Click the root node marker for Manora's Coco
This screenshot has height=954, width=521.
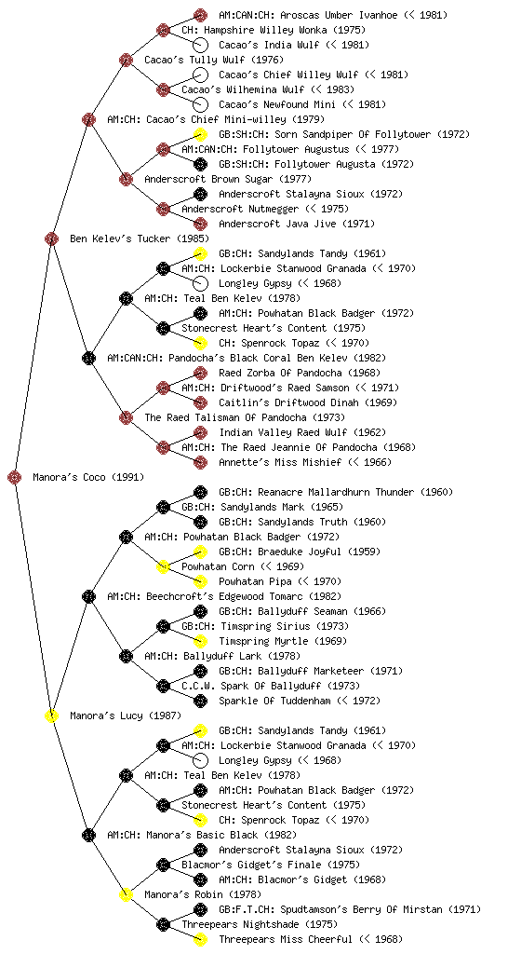point(15,477)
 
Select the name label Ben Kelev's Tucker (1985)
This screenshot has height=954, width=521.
point(139,238)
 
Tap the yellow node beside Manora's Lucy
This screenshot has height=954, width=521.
point(51,715)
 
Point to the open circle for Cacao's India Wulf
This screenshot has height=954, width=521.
point(200,45)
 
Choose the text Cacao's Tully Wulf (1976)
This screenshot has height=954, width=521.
point(214,60)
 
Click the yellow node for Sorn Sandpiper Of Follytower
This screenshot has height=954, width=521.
point(200,134)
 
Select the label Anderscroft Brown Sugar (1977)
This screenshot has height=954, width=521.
point(228,179)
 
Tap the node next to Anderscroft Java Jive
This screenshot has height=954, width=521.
point(200,224)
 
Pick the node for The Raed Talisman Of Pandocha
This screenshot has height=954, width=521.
point(126,417)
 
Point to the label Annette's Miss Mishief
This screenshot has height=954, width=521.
point(280,462)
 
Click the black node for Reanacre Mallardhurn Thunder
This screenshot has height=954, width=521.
point(200,492)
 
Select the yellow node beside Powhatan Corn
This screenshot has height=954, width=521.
point(163,566)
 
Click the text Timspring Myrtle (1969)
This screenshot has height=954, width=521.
point(283,641)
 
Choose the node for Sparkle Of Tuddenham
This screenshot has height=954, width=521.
point(200,701)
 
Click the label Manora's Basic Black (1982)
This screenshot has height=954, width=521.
point(221,835)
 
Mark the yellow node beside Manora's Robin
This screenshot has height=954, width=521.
point(126,894)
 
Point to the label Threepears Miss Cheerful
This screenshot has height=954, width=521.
point(286,939)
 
